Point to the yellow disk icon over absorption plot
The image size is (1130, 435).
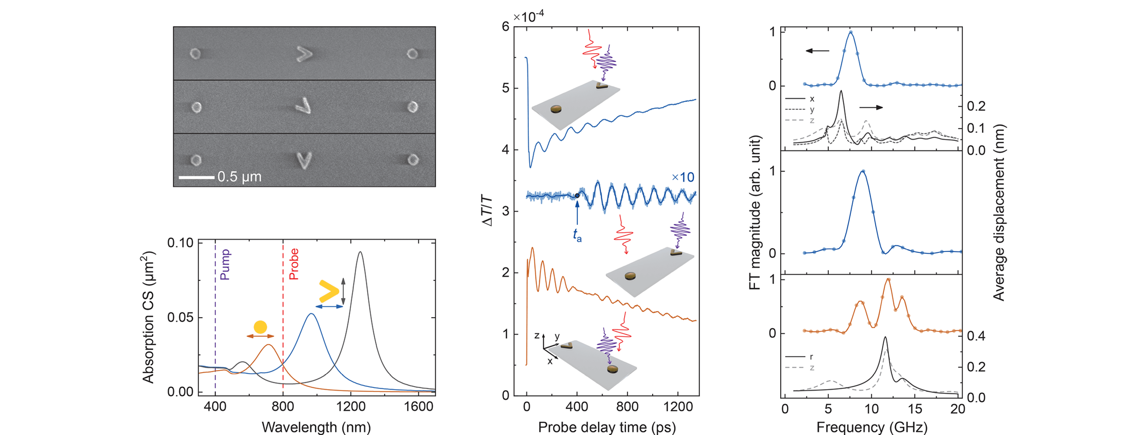pyautogui.click(x=260, y=327)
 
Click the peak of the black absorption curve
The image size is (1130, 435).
pyautogui.click(x=360, y=252)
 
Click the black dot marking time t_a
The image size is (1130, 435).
pyautogui.click(x=577, y=195)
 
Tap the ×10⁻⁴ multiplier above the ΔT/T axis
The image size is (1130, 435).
pyautogui.click(x=529, y=17)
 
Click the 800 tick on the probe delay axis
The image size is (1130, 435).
pyautogui.click(x=627, y=406)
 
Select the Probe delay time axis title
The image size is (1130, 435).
pyautogui.click(x=607, y=427)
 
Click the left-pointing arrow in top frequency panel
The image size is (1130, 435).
pyautogui.click(x=817, y=51)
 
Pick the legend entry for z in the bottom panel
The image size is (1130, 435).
pyautogui.click(x=811, y=367)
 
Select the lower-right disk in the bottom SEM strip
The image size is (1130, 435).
pyautogui.click(x=412, y=160)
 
